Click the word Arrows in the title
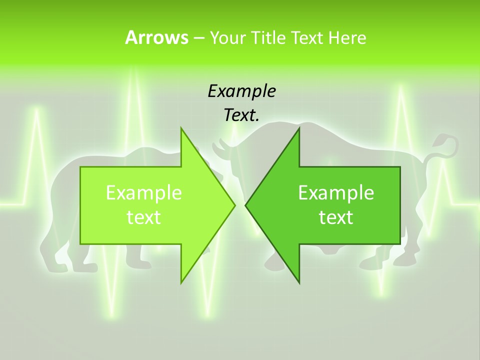click(156, 37)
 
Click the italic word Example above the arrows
click(241, 91)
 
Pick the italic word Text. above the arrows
click(241, 115)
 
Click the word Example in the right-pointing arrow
click(144, 192)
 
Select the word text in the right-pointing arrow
click(144, 217)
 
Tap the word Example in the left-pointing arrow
click(336, 192)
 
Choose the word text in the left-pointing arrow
click(336, 217)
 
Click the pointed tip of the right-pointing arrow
click(234, 205)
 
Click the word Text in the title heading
click(306, 37)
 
